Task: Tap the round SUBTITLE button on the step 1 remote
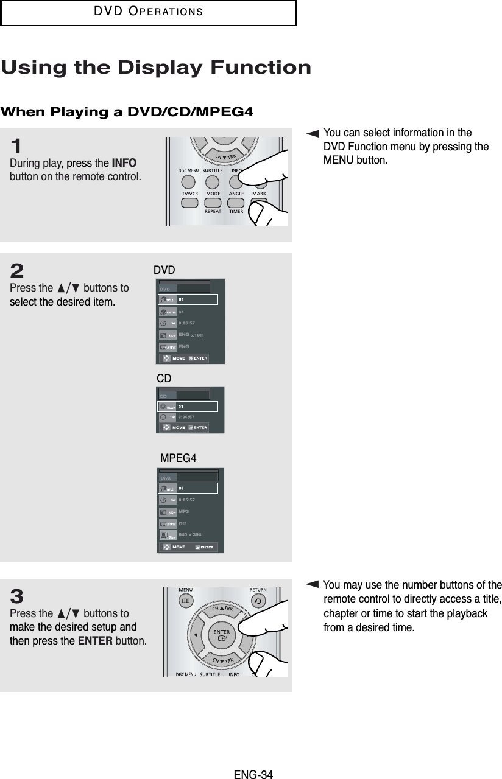pos(211,181)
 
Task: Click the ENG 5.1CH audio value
pos(191,335)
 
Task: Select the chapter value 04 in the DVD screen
pos(181,311)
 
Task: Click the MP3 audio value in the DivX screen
pos(184,511)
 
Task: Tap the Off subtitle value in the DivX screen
pos(182,523)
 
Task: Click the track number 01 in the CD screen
pos(181,405)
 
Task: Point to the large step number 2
pos(18,270)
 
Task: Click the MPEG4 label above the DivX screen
pos(178,458)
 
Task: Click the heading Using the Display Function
pos(156,68)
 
